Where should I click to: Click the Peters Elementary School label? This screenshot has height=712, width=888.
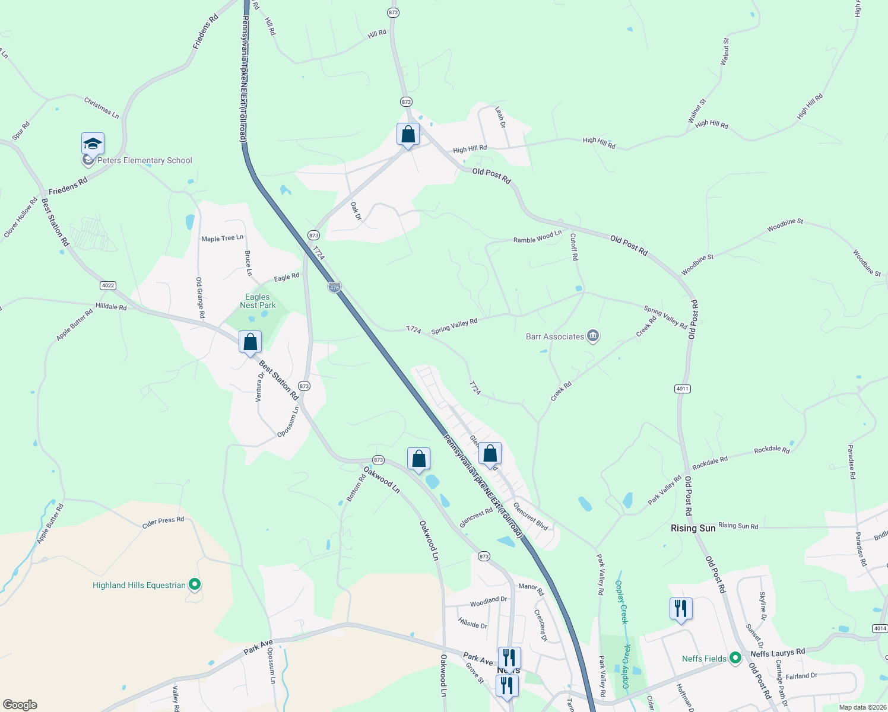[145, 160]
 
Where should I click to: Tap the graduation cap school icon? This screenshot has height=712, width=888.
[93, 144]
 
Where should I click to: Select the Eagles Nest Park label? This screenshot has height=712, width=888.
[258, 301]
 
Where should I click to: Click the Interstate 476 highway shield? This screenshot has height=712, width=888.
[334, 288]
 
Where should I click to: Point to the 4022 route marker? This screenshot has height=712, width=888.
[107, 285]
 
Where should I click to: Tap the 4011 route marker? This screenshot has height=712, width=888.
[683, 389]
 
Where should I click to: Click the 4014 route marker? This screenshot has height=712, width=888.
[880, 628]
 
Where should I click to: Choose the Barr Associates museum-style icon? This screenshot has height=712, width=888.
[592, 336]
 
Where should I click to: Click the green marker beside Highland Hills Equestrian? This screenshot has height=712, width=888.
[195, 585]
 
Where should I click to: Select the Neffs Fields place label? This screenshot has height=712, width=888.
[704, 659]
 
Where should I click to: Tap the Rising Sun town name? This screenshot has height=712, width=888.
[693, 528]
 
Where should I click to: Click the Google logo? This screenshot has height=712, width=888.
[20, 704]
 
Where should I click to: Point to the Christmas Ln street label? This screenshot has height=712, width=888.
[102, 108]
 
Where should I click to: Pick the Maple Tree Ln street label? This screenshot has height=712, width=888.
[222, 239]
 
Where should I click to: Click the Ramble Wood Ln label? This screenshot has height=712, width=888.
[537, 237]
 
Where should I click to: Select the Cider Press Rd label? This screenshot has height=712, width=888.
[163, 522]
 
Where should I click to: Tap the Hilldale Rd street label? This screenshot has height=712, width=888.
[111, 307]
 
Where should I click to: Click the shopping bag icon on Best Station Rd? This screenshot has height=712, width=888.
[250, 342]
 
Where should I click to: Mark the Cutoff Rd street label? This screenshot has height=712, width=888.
[574, 247]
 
